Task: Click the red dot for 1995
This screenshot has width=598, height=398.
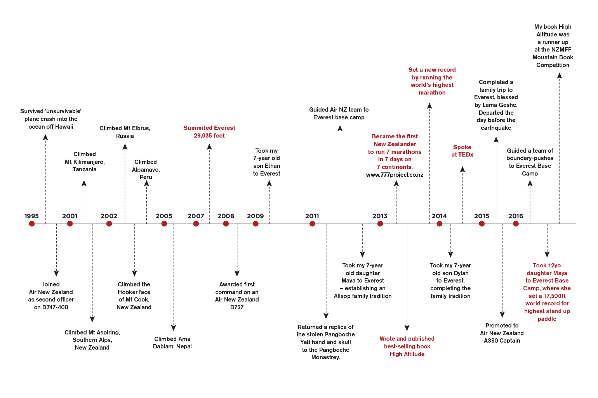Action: pyautogui.click(x=32, y=224)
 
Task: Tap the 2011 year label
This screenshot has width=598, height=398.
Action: pyautogui.click(x=312, y=216)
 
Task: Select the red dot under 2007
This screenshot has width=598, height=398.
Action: pyautogui.click(x=196, y=224)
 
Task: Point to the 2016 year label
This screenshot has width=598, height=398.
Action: pyautogui.click(x=515, y=216)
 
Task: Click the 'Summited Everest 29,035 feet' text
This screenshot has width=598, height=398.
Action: pyautogui.click(x=209, y=132)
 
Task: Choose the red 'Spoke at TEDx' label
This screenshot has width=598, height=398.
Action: pyautogui.click(x=462, y=151)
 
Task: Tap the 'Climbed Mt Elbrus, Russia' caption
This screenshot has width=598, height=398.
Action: pyautogui.click(x=125, y=132)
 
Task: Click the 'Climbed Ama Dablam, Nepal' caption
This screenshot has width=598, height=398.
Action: pyautogui.click(x=172, y=343)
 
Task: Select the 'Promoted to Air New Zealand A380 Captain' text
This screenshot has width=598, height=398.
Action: pyautogui.click(x=502, y=333)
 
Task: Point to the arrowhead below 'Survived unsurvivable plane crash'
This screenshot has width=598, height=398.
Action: pyautogui.click(x=45, y=136)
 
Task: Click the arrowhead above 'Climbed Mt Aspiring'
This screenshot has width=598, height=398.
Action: pyautogui.click(x=92, y=319)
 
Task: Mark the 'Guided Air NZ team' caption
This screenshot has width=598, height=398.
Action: pyautogui.click(x=339, y=114)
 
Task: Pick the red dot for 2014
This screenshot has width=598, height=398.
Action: pyautogui.click(x=439, y=224)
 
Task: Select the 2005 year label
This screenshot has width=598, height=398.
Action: pyautogui.click(x=164, y=216)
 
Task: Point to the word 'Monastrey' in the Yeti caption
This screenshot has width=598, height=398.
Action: pyautogui.click(x=325, y=357)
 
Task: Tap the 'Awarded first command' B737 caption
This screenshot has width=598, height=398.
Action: pyautogui.click(x=237, y=296)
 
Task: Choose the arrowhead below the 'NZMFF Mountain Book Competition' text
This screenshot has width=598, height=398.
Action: pyautogui.click(x=560, y=76)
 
